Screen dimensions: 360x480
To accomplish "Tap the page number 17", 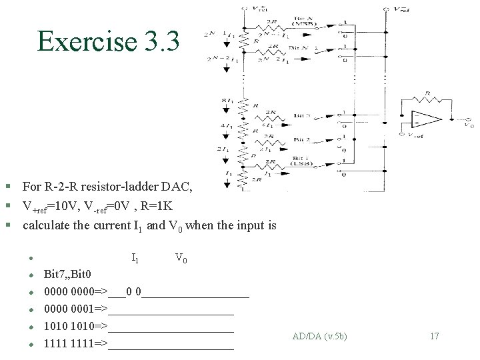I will point(434,336).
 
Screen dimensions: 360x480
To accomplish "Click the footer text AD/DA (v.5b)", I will point(319,336).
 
